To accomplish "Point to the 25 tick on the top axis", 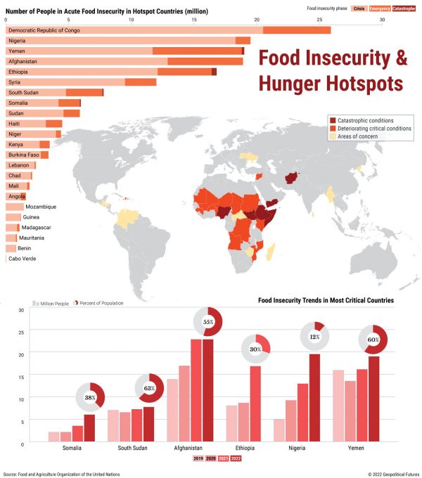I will click(x=319, y=20).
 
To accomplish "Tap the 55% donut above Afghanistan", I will click(x=208, y=322).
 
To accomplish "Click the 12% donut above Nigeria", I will click(x=316, y=337).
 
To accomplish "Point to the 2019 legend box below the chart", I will click(x=199, y=458).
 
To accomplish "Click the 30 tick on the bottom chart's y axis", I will click(x=21, y=310).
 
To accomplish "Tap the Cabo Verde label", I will click(x=23, y=259).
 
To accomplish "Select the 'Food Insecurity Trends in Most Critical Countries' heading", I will click(x=326, y=300).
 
